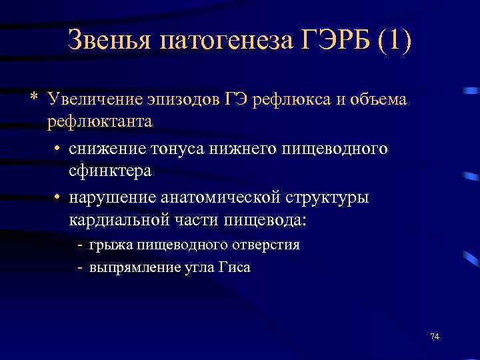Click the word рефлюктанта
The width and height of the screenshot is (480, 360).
pyautogui.click(x=99, y=121)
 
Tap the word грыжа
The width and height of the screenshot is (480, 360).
pyautogui.click(x=111, y=245)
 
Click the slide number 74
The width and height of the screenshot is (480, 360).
pyautogui.click(x=435, y=335)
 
